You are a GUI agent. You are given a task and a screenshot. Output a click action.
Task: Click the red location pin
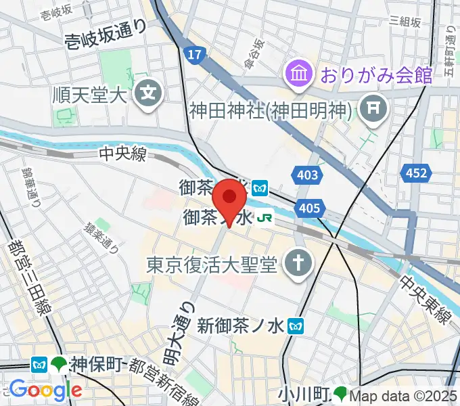click(229, 198)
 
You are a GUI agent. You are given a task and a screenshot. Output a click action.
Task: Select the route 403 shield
click(307, 176)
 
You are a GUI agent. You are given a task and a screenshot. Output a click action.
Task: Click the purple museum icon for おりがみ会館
click(298, 72)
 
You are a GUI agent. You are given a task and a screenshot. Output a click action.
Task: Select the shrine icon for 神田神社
click(371, 106)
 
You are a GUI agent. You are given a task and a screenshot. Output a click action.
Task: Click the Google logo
click(45, 390)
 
